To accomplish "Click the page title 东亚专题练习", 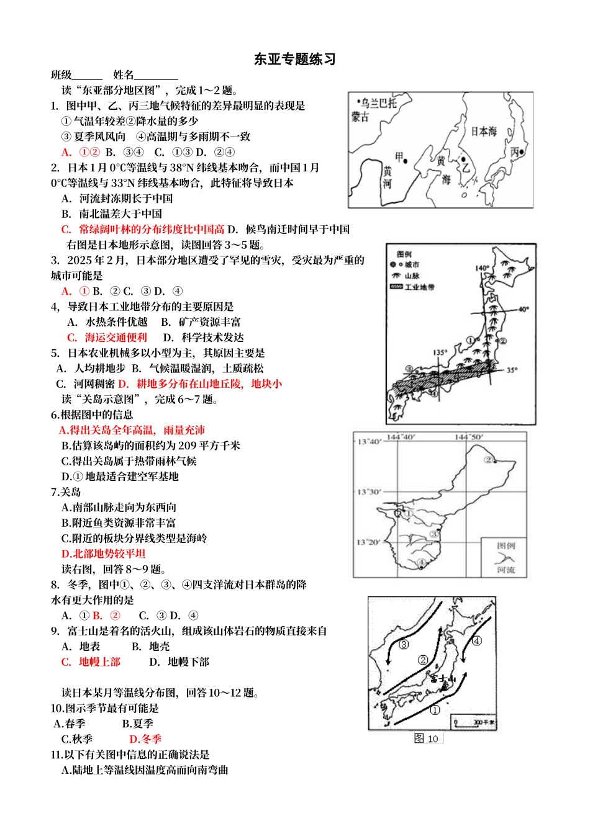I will (294, 60).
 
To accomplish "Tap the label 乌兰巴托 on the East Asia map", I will (379, 103).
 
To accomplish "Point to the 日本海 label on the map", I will (484, 132).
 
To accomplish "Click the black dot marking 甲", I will (405, 161).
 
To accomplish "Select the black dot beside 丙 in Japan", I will (522, 152).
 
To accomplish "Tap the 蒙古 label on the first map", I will (360, 117).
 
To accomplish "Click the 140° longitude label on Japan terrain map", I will (482, 269).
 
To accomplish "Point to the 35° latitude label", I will (512, 370).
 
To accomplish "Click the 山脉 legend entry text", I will (412, 276).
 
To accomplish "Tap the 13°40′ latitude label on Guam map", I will (369, 442).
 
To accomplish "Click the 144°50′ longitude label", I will (469, 437).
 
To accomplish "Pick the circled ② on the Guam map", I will (489, 460).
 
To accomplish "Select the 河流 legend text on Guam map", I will (506, 570).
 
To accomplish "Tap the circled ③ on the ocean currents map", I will (404, 645).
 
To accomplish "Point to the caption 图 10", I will (427, 738).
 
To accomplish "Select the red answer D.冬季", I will (145, 739).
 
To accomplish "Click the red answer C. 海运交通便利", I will (107, 338).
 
